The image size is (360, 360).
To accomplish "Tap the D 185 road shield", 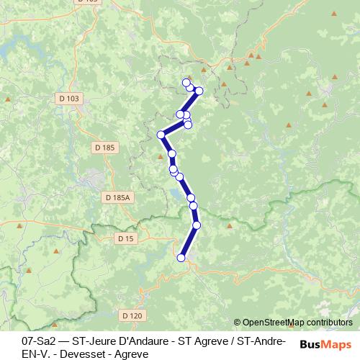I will [x=104, y=148].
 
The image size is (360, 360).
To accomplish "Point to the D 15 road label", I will [x=125, y=238].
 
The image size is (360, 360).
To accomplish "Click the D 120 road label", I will [x=132, y=315].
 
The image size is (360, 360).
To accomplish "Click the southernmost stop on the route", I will [x=181, y=257].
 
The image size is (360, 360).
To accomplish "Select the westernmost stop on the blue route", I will [x=161, y=134].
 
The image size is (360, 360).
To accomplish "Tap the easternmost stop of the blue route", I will [x=199, y=90].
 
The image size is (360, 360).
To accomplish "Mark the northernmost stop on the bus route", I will [x=186, y=83].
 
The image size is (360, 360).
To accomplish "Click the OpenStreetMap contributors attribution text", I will [x=297, y=323].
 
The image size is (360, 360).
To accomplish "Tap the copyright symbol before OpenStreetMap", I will [x=237, y=323].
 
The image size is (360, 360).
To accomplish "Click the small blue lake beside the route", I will [x=177, y=193].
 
